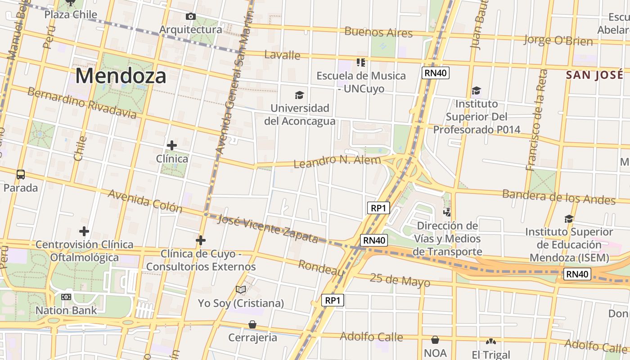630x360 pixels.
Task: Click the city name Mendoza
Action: click(121, 76)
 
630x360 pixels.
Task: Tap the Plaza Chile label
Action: click(71, 14)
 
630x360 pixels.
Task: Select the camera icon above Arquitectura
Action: click(191, 17)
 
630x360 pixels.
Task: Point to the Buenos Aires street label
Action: click(378, 32)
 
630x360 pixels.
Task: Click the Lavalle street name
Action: click(282, 55)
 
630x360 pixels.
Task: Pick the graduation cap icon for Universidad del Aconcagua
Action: click(299, 95)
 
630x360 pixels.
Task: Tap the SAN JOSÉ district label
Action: click(595, 75)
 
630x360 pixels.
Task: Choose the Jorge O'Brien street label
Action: click(558, 40)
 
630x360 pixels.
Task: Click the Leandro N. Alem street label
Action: click(337, 161)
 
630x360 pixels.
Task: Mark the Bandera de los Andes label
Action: click(558, 197)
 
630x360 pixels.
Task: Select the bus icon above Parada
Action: click(20, 175)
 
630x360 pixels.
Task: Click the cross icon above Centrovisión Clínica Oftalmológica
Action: click(84, 231)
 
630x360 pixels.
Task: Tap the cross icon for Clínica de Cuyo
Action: click(201, 241)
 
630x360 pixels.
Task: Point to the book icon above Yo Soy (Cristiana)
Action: click(241, 290)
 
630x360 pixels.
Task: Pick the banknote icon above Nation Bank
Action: click(66, 297)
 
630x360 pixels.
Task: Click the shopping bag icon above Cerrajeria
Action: click(252, 324)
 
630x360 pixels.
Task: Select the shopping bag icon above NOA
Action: click(435, 340)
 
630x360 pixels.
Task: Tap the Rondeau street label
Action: click(321, 268)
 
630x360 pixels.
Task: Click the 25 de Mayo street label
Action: click(400, 279)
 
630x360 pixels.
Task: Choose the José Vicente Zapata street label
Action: click(268, 229)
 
